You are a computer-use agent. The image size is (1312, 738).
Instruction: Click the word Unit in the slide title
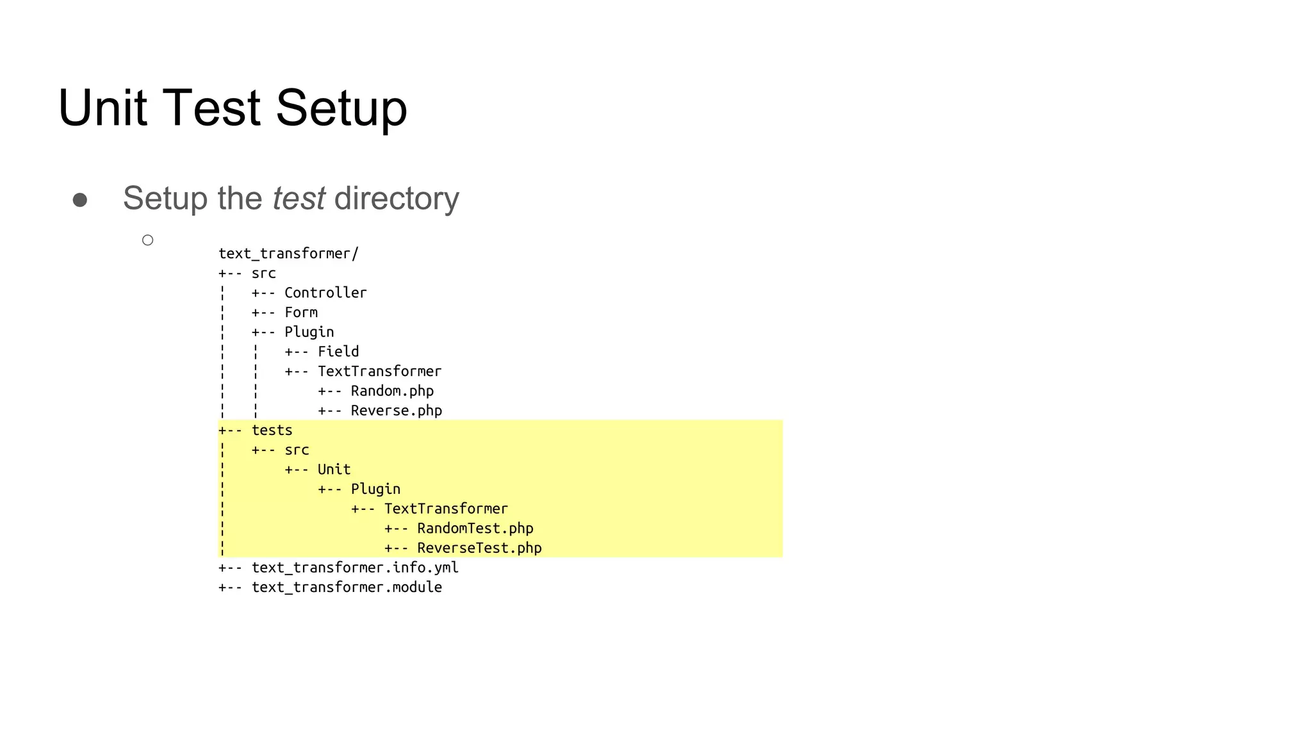(102, 108)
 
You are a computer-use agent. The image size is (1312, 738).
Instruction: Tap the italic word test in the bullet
(299, 198)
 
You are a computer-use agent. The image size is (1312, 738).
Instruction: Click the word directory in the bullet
(397, 199)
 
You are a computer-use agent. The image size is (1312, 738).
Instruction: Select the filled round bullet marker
(80, 200)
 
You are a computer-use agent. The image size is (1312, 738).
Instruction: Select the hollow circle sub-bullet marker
(148, 240)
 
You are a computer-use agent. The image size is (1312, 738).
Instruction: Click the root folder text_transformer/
(288, 254)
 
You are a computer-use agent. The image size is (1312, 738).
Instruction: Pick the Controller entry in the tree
(325, 293)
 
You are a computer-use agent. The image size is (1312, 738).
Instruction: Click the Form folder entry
(301, 313)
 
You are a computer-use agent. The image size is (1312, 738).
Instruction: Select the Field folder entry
(338, 352)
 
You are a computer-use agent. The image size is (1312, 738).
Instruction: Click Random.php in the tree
(392, 391)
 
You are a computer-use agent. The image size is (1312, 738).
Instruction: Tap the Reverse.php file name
(396, 411)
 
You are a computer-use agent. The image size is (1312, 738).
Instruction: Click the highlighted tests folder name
(272, 430)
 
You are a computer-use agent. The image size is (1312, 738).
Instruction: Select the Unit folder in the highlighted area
(334, 470)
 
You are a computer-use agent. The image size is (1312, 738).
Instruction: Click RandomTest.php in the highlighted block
(475, 529)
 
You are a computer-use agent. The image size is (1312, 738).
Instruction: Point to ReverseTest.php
(479, 548)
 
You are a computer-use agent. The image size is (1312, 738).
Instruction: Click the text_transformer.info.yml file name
(355, 568)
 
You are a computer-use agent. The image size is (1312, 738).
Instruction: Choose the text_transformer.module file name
(347, 587)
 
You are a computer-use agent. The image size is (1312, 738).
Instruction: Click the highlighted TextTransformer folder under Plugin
(446, 509)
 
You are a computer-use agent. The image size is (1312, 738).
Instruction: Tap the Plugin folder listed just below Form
(309, 332)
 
